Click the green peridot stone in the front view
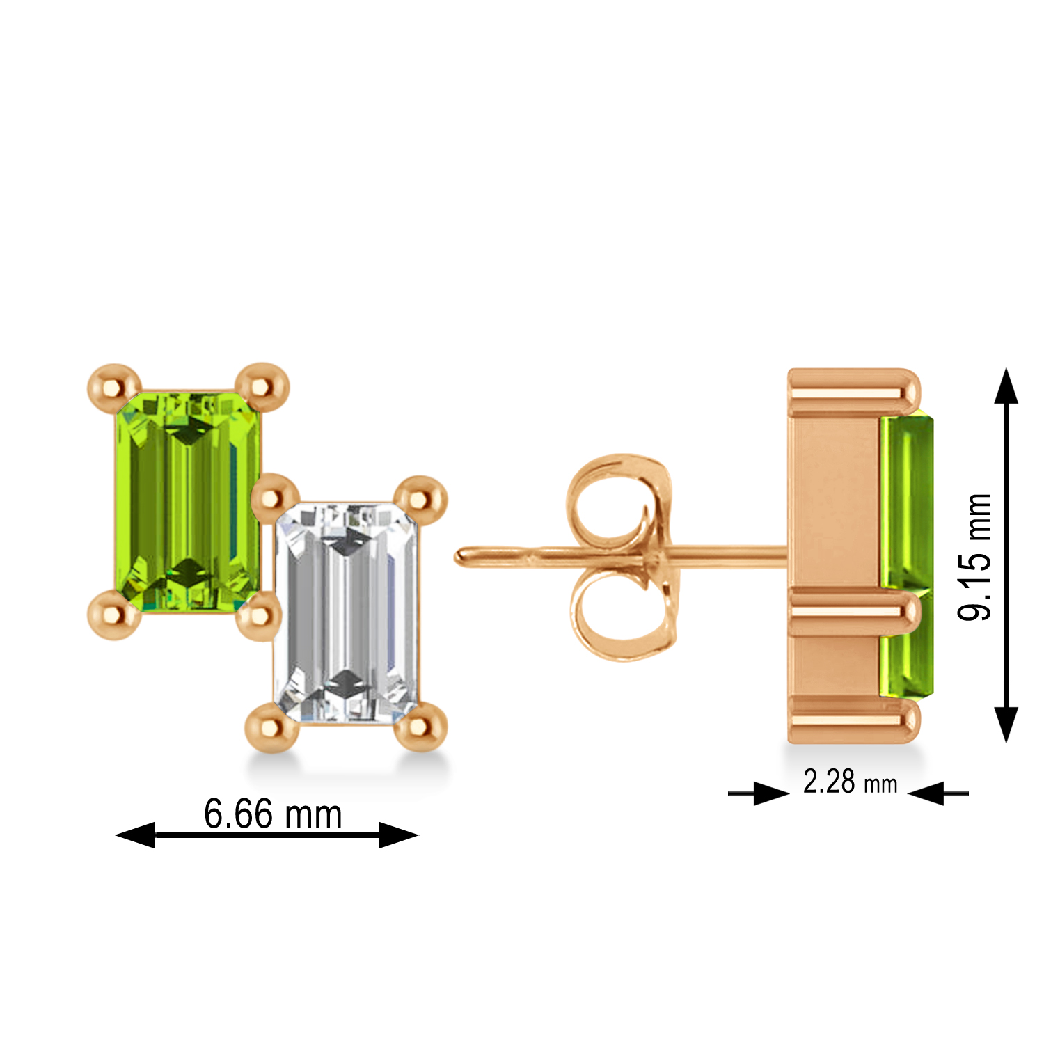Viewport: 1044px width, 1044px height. (187, 501)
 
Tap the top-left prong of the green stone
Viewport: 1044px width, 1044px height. (114, 385)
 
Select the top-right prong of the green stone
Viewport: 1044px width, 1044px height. (262, 385)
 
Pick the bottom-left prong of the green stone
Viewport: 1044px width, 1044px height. (114, 614)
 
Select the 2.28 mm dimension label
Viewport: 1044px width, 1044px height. (850, 782)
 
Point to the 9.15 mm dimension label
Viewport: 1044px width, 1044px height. (974, 557)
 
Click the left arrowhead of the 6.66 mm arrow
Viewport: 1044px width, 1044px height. (136, 835)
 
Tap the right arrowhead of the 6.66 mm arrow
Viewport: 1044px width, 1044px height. (398, 835)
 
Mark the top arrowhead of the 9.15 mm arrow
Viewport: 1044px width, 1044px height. (1006, 386)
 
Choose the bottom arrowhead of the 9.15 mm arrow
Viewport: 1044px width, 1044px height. (1006, 724)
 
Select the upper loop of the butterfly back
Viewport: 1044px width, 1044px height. (612, 498)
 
